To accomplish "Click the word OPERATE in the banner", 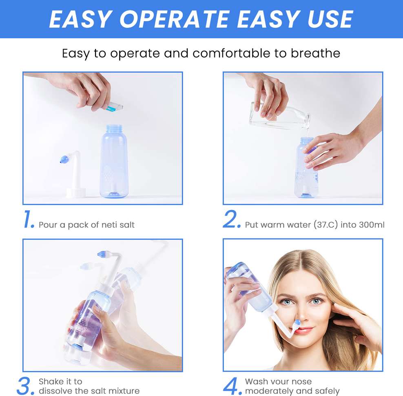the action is pyautogui.click(x=175, y=19).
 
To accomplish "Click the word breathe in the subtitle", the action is pyautogui.click(x=315, y=53).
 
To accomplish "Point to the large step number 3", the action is pyautogui.click(x=25, y=385).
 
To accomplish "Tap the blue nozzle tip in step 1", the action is pyautogui.click(x=64, y=159).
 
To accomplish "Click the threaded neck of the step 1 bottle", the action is pyautogui.click(x=114, y=128).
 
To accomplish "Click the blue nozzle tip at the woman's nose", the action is pyautogui.click(x=297, y=322).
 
